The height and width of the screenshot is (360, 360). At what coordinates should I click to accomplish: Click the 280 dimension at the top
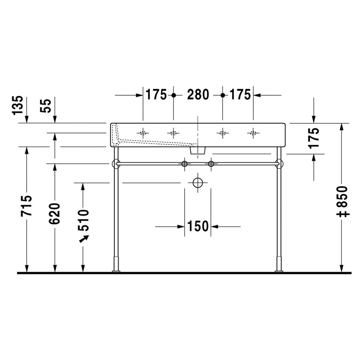tap(198, 95)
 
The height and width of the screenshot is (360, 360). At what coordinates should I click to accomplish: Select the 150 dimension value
tap(198, 227)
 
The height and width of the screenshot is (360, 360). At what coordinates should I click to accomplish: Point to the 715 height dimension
tap(27, 206)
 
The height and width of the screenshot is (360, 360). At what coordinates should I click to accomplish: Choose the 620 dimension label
tap(55, 213)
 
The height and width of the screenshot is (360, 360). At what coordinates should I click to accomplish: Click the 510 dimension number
tap(83, 219)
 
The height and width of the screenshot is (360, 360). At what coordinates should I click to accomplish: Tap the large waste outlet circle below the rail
tap(198, 183)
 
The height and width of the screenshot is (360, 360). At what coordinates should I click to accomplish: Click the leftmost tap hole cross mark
tap(143, 133)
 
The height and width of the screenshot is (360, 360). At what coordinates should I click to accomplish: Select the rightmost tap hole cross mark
tap(253, 133)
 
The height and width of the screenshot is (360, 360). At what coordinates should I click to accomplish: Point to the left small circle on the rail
tap(184, 163)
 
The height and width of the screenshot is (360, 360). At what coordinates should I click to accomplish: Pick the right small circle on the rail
tap(211, 163)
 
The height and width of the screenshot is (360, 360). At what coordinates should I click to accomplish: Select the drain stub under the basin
tap(198, 150)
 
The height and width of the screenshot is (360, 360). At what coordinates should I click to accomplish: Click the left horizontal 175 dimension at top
tap(156, 95)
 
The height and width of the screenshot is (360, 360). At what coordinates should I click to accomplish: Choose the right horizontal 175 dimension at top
tap(240, 95)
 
